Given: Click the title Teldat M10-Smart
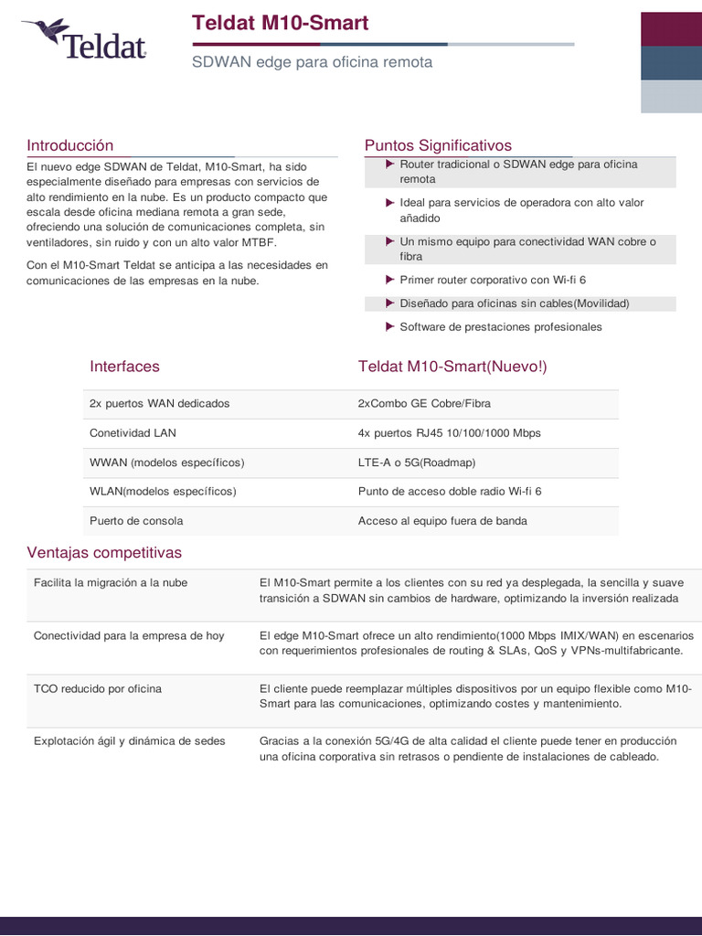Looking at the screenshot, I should [281, 23].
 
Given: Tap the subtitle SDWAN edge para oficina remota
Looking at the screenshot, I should [312, 62].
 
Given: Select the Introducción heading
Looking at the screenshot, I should [70, 145].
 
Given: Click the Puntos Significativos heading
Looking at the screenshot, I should [438, 145].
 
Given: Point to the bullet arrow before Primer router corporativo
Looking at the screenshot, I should [390, 280].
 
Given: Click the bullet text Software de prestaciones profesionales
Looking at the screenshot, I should [501, 326].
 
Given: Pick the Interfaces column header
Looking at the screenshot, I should [124, 367].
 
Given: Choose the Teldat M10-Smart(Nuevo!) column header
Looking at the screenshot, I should [452, 367].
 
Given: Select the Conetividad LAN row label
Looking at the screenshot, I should [133, 432].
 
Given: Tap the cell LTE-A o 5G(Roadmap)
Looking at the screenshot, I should [417, 463].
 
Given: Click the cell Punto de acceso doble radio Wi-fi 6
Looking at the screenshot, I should [450, 491].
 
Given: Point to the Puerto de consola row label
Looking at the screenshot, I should [136, 521].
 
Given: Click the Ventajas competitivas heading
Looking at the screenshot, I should [104, 553].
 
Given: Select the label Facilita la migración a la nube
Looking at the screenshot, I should [111, 582].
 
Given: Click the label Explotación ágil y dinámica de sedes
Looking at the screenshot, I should [129, 740].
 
